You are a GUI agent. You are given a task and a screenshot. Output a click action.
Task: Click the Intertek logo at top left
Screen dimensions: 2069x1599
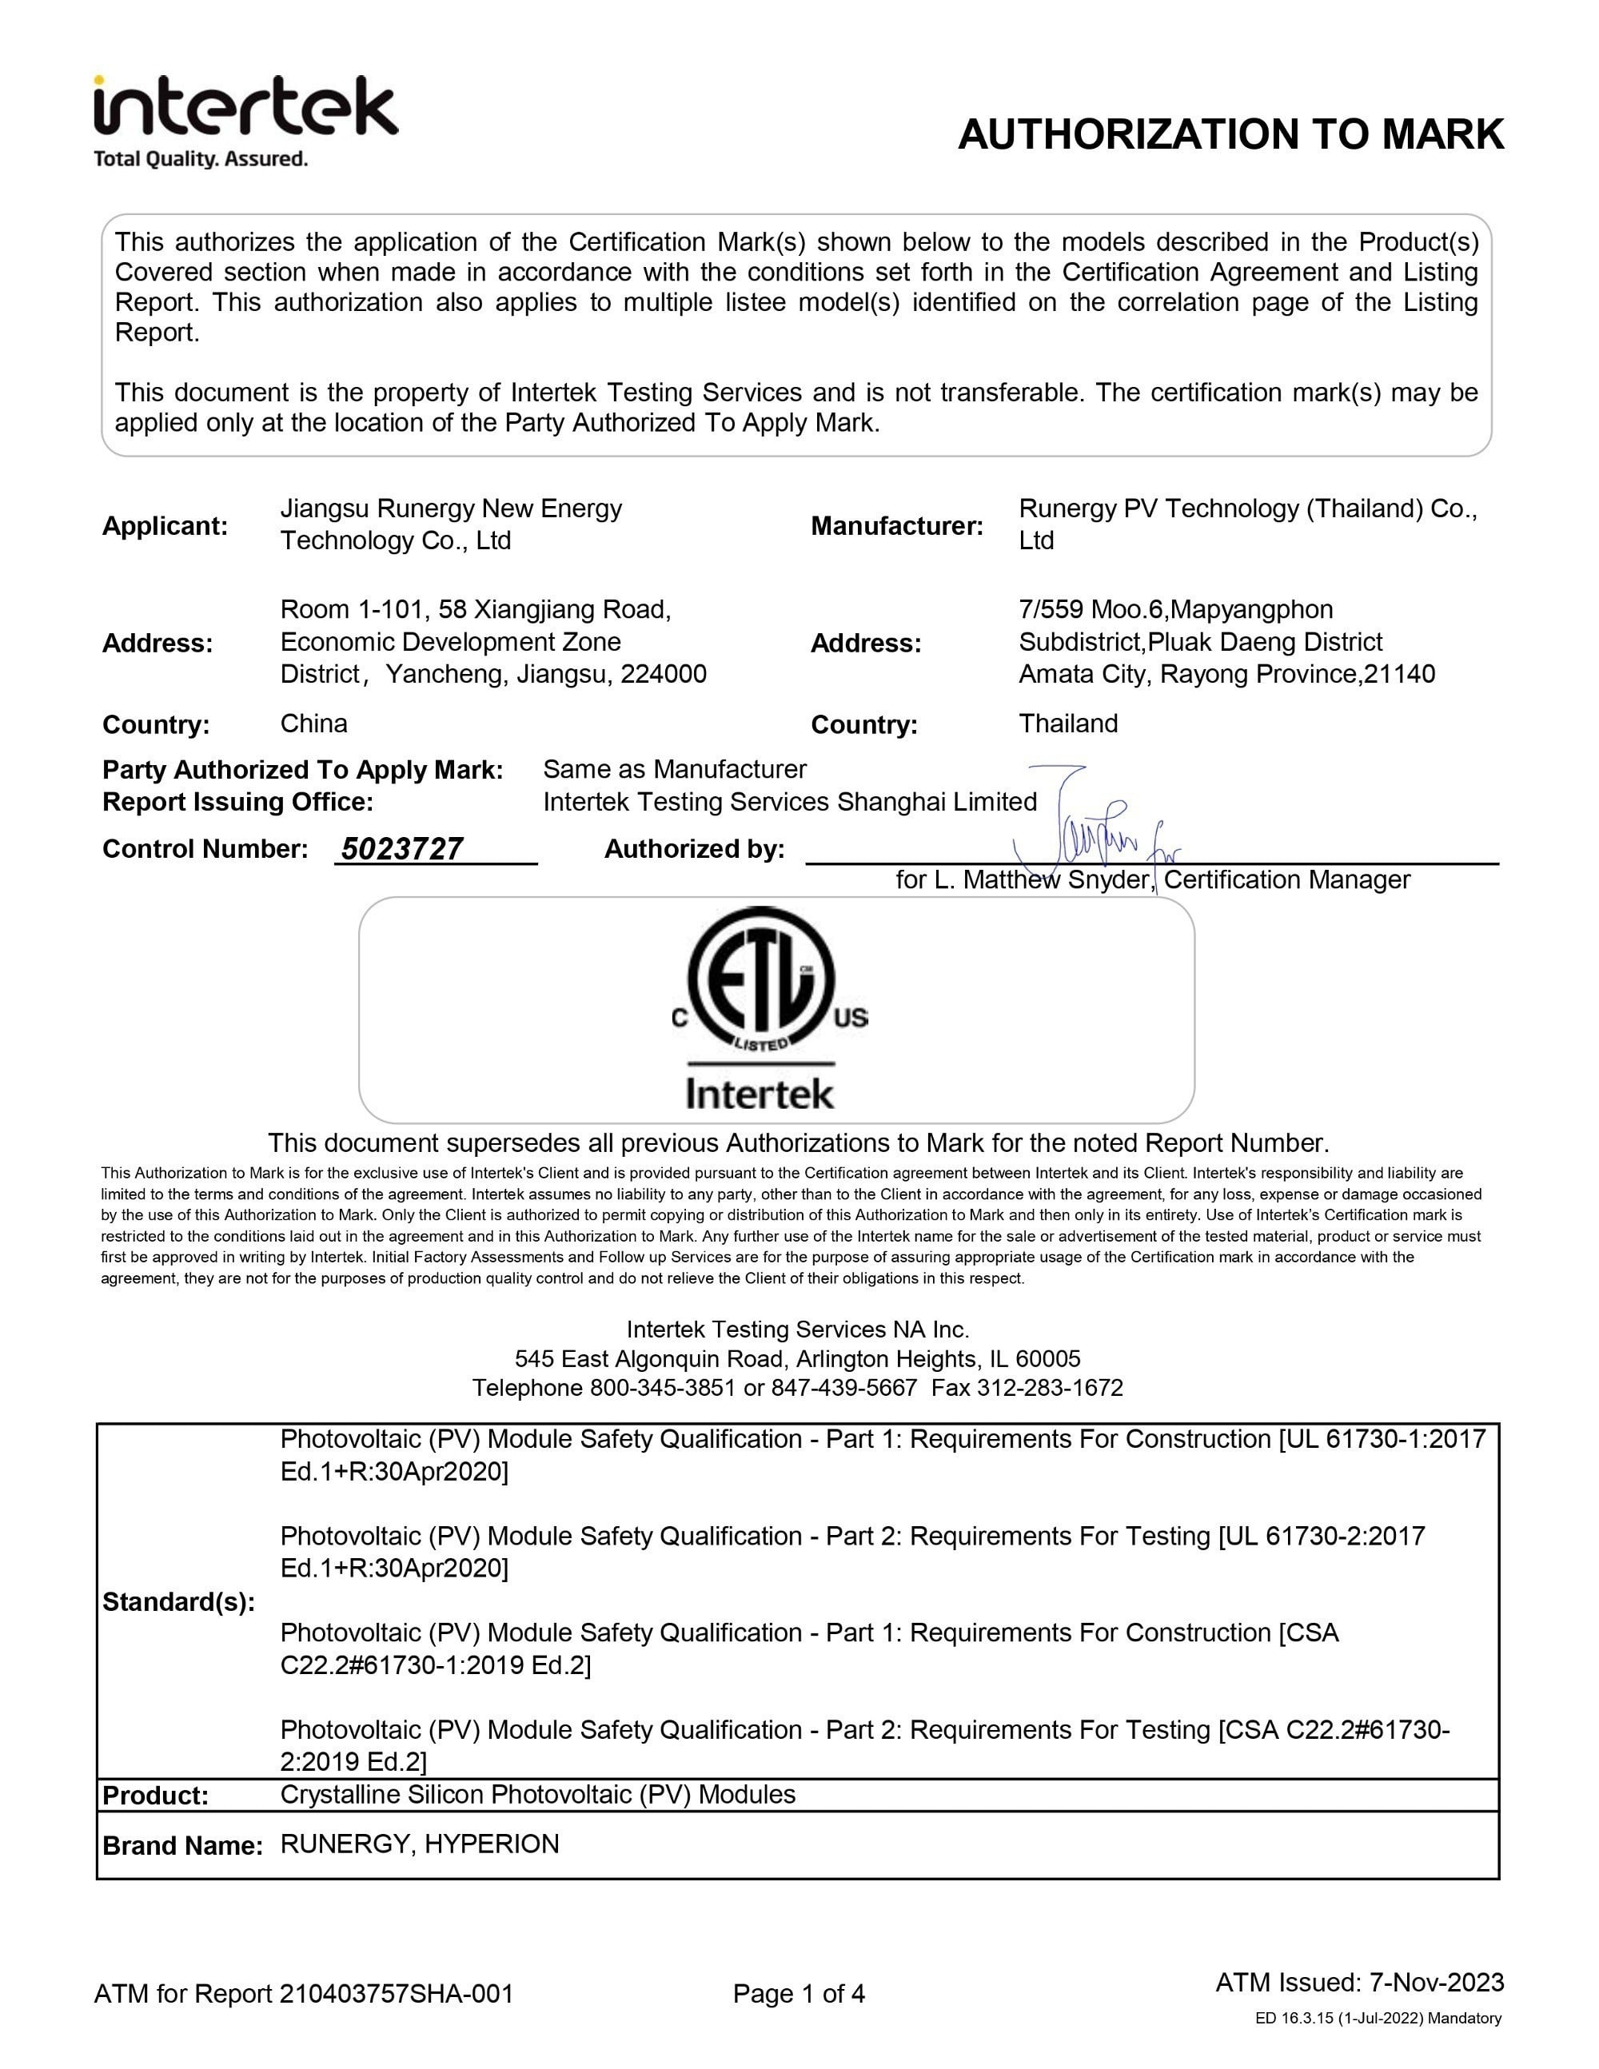coord(245,107)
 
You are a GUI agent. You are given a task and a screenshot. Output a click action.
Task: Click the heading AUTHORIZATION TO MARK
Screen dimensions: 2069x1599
coord(1230,134)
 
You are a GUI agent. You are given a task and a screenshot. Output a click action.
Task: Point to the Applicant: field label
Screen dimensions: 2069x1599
coord(165,526)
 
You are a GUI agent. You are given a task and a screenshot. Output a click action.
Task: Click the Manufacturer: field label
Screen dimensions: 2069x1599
coord(896,526)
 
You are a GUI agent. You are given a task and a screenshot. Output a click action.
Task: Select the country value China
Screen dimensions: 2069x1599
coord(313,724)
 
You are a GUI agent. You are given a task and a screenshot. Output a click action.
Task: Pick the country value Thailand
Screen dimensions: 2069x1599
coord(1067,724)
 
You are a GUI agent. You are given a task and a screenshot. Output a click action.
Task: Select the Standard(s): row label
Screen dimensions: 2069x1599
coord(178,1602)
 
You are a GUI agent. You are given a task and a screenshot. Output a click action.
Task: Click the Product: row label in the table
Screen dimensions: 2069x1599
coord(154,1796)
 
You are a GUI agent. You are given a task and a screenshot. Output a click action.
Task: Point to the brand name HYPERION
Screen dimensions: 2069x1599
coord(492,1844)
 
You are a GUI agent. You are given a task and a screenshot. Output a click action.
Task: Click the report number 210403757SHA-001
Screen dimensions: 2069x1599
coord(396,1994)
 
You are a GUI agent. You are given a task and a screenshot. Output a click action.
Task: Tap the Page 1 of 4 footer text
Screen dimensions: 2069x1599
coord(799,1994)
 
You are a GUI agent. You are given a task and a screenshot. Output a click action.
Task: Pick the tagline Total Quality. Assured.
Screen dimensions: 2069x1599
coord(201,159)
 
